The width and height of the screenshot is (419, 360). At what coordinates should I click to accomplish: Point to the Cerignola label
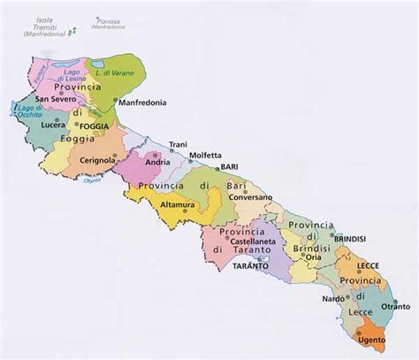pyautogui.click(x=98, y=160)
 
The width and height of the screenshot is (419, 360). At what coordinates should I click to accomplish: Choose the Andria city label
pyautogui.click(x=158, y=164)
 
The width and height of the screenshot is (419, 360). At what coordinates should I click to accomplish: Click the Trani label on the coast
pyautogui.click(x=178, y=144)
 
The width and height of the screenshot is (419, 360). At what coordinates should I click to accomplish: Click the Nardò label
pyautogui.click(x=331, y=300)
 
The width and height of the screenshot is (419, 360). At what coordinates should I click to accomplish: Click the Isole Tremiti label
pyautogui.click(x=42, y=29)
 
